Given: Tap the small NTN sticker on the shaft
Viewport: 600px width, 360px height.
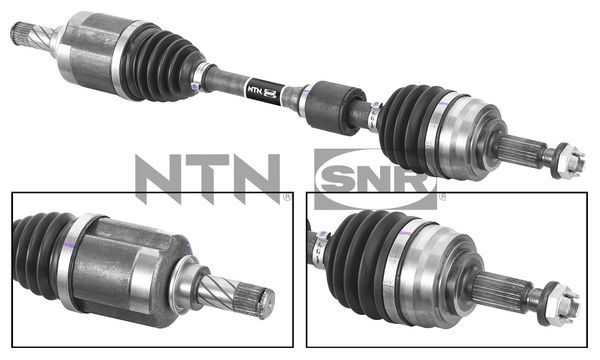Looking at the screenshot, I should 258,89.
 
